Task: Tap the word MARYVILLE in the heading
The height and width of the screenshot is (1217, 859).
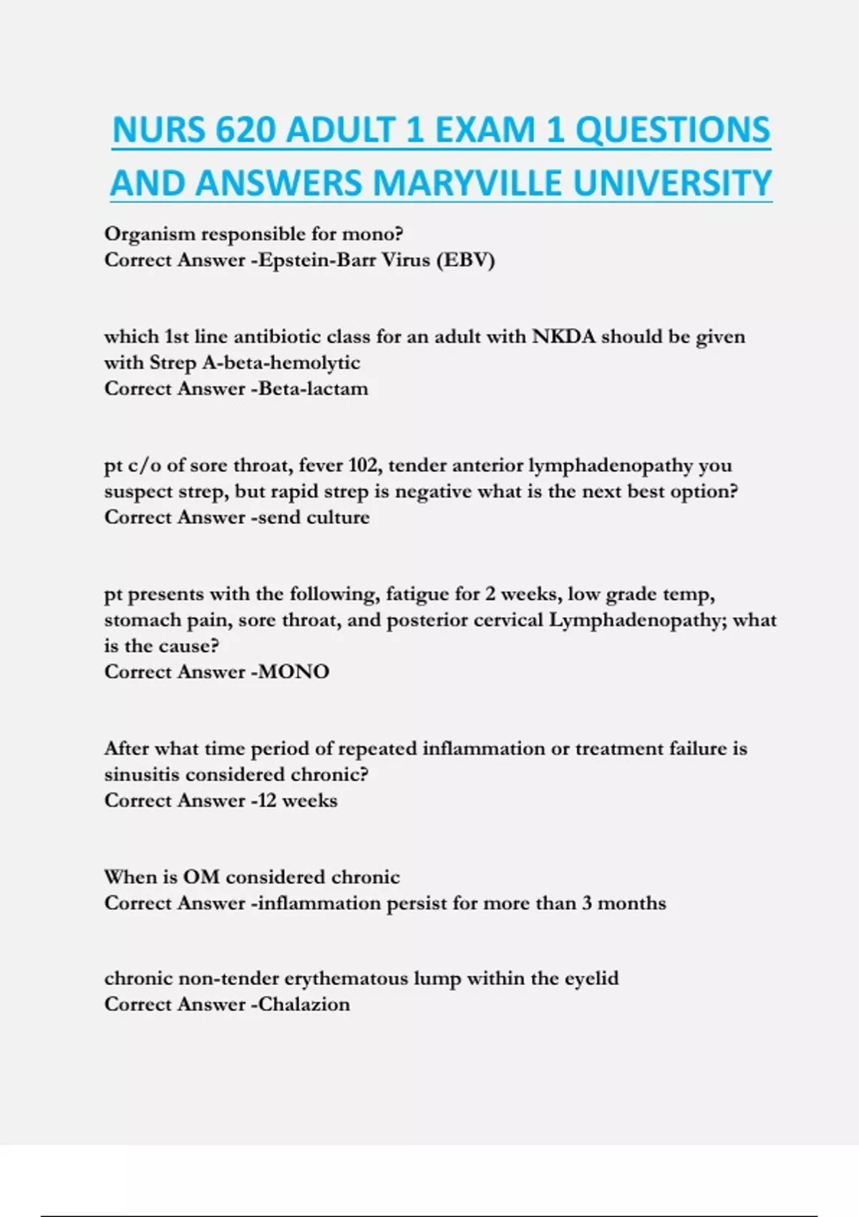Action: point(469,183)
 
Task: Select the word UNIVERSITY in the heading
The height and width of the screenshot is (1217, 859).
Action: point(672,183)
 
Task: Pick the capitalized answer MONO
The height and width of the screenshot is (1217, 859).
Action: point(294,671)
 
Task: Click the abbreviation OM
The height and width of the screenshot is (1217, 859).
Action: point(201,877)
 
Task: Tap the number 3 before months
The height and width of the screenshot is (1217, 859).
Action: point(587,903)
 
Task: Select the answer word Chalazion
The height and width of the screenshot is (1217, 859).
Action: point(304,1004)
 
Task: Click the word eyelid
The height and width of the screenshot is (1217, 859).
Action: point(591,979)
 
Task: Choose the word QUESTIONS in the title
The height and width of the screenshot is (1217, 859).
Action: point(673,131)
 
